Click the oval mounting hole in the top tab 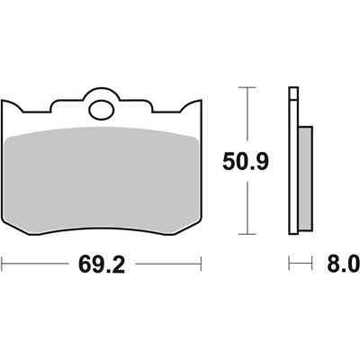tap(101, 112)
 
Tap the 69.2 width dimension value tap(100, 265)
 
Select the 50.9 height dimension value tap(245, 162)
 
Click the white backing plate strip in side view tap(293, 171)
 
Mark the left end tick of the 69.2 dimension tap(3, 265)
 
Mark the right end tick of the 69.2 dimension tap(200, 265)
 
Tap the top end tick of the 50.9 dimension tap(246, 88)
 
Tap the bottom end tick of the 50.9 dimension tap(246, 236)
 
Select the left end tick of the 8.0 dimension tap(290, 265)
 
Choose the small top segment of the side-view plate tap(292, 92)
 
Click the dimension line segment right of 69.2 tap(166, 265)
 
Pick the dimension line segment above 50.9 tap(246, 117)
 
